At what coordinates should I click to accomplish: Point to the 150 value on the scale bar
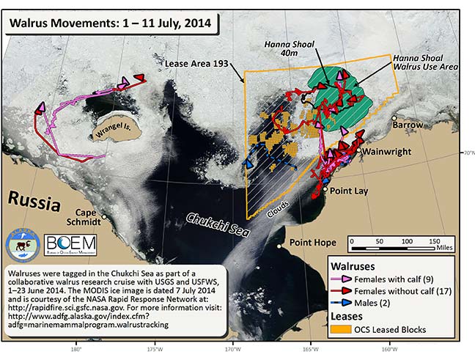(x=435, y=240)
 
